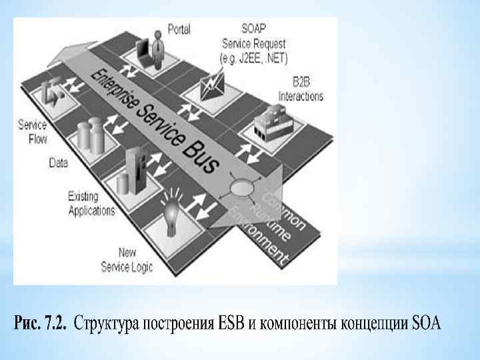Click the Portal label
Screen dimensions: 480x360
pyautogui.click(x=179, y=29)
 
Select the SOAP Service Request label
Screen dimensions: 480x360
pyautogui.click(x=254, y=43)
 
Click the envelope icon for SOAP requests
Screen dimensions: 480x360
pyautogui.click(x=215, y=83)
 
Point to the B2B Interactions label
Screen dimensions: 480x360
pyautogui.click(x=307, y=90)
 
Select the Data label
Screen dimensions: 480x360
pyautogui.click(x=59, y=161)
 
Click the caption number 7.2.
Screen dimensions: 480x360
pyautogui.click(x=53, y=325)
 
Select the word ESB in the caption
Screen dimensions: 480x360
pyautogui.click(x=231, y=325)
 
